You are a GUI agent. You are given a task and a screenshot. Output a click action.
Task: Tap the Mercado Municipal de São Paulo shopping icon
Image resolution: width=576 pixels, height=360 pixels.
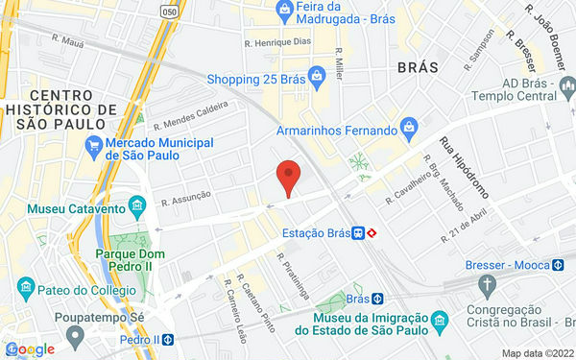point(93,146)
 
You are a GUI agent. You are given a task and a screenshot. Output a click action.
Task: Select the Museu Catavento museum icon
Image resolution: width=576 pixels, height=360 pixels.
point(138,207)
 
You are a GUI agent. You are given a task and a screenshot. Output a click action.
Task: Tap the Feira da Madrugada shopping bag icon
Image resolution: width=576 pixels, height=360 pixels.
point(285,11)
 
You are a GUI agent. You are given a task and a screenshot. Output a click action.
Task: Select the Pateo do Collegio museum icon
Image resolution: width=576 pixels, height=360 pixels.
point(26,287)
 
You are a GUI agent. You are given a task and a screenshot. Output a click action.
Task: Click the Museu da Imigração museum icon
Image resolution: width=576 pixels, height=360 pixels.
point(438,317)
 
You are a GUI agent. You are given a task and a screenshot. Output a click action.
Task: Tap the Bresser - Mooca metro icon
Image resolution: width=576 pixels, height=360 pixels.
point(558,264)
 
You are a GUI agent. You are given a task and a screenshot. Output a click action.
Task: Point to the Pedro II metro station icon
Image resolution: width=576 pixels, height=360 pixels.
point(167,339)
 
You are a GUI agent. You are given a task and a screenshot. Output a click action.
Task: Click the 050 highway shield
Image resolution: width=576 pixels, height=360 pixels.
point(170,12)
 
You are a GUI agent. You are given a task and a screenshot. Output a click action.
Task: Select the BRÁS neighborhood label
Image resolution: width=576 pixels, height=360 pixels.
point(417,68)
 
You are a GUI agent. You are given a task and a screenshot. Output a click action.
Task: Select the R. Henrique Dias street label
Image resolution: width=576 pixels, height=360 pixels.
point(278,41)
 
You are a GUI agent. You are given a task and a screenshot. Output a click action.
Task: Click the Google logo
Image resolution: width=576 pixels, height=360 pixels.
point(29,348)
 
